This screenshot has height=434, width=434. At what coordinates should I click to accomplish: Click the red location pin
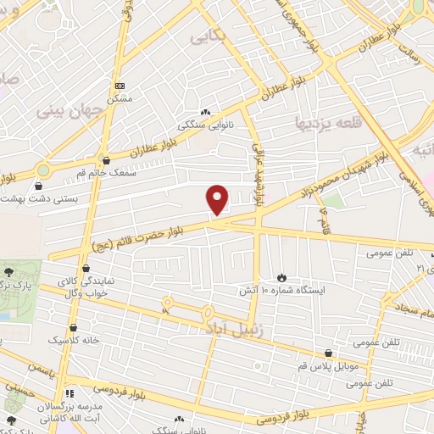pos(218,199)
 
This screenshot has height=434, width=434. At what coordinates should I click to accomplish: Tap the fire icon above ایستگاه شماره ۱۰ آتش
pos(281,277)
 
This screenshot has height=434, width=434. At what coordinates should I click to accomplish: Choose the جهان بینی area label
pos(59,111)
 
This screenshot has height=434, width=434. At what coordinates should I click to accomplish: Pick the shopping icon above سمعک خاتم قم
pos(106,159)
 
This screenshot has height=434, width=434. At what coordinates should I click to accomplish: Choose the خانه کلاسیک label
pos(74,339)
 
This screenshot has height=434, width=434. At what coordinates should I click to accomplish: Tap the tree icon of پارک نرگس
pos(9,272)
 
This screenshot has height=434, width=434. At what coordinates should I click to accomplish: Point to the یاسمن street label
pos(42,370)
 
